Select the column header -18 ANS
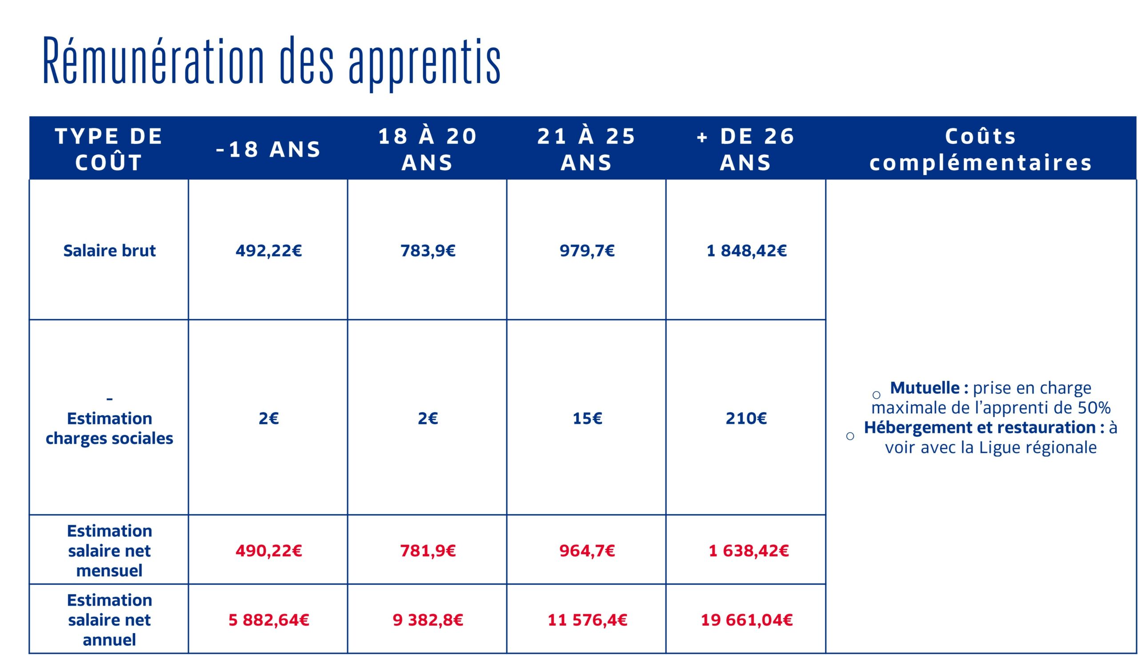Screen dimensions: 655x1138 click(268, 149)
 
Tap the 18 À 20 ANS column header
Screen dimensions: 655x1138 click(428, 149)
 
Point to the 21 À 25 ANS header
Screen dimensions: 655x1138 click(586, 149)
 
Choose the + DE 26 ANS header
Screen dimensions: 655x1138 click(745, 149)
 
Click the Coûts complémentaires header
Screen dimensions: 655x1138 click(981, 149)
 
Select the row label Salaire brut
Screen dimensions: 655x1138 click(109, 251)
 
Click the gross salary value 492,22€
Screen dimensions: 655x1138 click(268, 251)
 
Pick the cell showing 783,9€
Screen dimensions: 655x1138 click(428, 251)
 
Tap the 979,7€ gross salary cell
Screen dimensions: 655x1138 click(587, 251)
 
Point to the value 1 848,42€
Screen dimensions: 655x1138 click(746, 251)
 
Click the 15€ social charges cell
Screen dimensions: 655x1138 click(587, 418)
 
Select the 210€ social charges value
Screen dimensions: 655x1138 click(746, 418)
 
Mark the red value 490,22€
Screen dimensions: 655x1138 click(268, 551)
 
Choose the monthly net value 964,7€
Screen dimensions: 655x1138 click(587, 551)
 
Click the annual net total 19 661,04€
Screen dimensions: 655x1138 click(746, 620)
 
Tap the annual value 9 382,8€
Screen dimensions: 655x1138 click(428, 620)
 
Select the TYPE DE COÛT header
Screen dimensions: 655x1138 click(109, 149)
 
